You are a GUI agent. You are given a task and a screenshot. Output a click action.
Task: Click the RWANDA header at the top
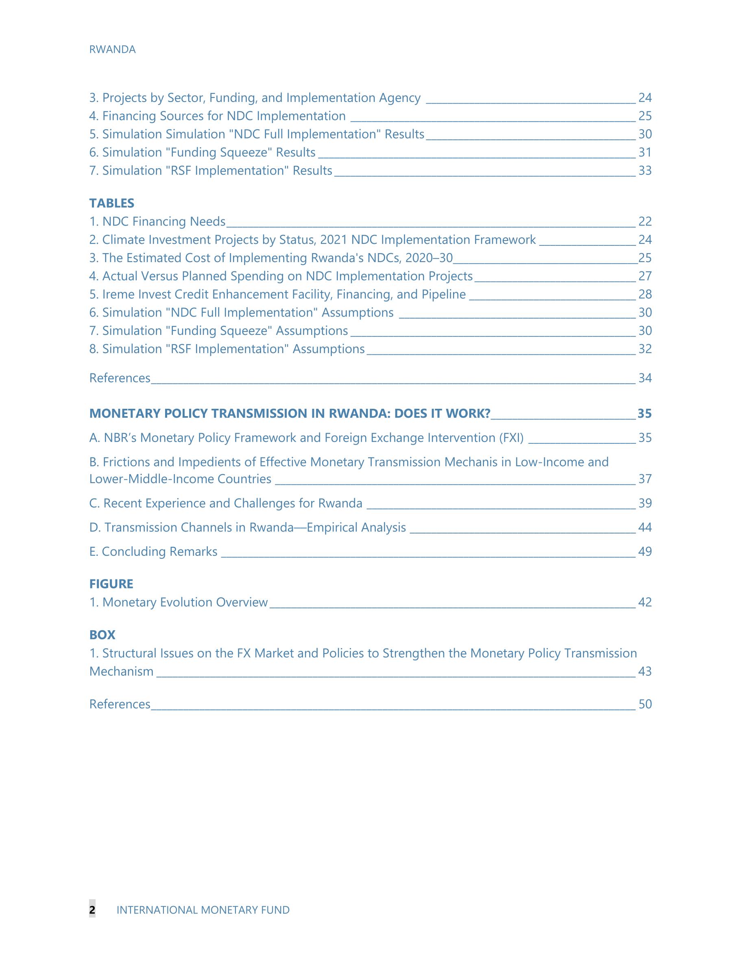coord(112,50)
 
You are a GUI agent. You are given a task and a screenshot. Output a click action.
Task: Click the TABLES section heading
coord(111,203)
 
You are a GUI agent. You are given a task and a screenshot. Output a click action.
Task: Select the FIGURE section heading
coord(111,584)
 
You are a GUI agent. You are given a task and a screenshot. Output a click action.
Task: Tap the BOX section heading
coord(102,635)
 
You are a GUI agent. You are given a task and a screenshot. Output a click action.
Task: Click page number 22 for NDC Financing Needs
coord(645,221)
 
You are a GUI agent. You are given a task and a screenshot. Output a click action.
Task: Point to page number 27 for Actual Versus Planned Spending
coord(645,276)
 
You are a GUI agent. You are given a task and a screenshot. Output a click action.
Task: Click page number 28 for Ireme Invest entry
coord(645,294)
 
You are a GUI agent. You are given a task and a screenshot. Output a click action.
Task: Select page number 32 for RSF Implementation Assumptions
coord(645,349)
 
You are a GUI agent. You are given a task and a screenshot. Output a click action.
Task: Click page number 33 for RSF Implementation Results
coord(645,170)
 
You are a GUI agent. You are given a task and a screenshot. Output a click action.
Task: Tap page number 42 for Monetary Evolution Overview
coord(645,602)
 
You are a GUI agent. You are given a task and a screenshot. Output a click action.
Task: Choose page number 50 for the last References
coord(645,704)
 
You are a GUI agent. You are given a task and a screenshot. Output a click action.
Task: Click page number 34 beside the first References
coord(645,378)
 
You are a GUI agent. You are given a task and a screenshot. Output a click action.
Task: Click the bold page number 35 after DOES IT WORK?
coord(644,414)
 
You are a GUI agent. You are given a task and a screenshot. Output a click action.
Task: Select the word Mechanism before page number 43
coord(122,671)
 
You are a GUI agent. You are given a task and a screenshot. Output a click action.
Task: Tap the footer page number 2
coord(92,910)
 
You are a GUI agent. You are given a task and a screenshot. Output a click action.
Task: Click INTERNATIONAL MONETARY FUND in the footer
coord(203,910)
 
